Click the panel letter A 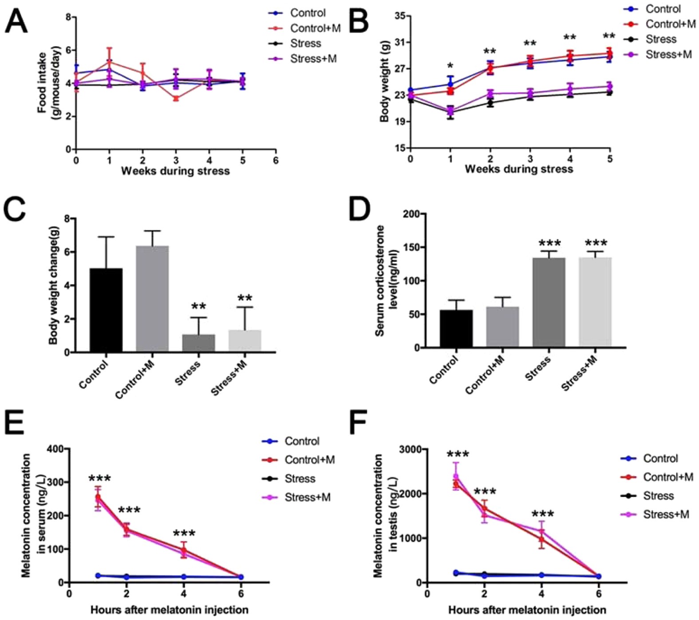click(16, 22)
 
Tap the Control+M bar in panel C click(152, 298)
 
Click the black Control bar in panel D click(456, 328)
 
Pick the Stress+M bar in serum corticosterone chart click(595, 302)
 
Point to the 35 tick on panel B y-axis click(399, 16)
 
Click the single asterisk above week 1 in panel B click(450, 67)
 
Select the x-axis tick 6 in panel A click(276, 160)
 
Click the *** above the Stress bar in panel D click(549, 243)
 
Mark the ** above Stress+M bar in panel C click(245, 298)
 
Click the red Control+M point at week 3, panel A click(176, 98)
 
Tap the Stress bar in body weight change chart click(198, 343)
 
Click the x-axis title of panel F click(527, 610)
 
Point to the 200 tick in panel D click(411, 214)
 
